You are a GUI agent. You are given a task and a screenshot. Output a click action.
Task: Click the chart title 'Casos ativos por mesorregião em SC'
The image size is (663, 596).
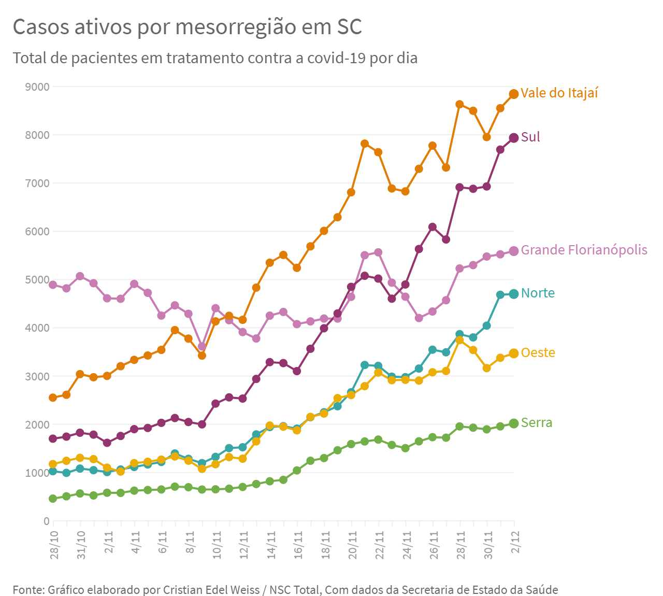click(x=187, y=27)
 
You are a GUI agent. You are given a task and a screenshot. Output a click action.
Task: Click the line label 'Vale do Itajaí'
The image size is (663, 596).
click(x=559, y=93)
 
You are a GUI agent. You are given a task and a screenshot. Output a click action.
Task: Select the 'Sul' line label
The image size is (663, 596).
click(x=530, y=137)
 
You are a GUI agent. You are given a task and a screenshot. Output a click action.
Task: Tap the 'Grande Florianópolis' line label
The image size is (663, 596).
click(x=584, y=250)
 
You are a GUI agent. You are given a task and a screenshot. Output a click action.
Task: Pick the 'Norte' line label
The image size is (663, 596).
click(x=538, y=293)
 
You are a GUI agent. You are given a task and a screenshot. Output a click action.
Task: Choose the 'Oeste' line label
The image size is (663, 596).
click(x=538, y=352)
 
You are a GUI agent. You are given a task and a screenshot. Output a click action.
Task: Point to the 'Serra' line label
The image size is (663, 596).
click(x=537, y=422)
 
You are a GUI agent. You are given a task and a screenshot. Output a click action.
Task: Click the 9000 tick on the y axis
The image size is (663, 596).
click(x=37, y=87)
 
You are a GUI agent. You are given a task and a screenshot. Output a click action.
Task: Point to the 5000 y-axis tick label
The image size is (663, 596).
click(x=37, y=280)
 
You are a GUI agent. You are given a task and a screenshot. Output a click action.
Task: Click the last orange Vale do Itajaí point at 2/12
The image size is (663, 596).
click(x=514, y=94)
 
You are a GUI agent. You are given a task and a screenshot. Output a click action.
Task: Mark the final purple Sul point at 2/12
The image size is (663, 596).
click(x=514, y=137)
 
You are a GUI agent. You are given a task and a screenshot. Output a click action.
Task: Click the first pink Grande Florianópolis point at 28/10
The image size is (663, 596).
click(x=53, y=285)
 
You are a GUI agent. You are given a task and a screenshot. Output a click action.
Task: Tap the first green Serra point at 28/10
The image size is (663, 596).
click(x=53, y=499)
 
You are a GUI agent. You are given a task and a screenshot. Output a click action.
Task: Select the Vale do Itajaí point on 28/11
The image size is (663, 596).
click(x=459, y=104)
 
